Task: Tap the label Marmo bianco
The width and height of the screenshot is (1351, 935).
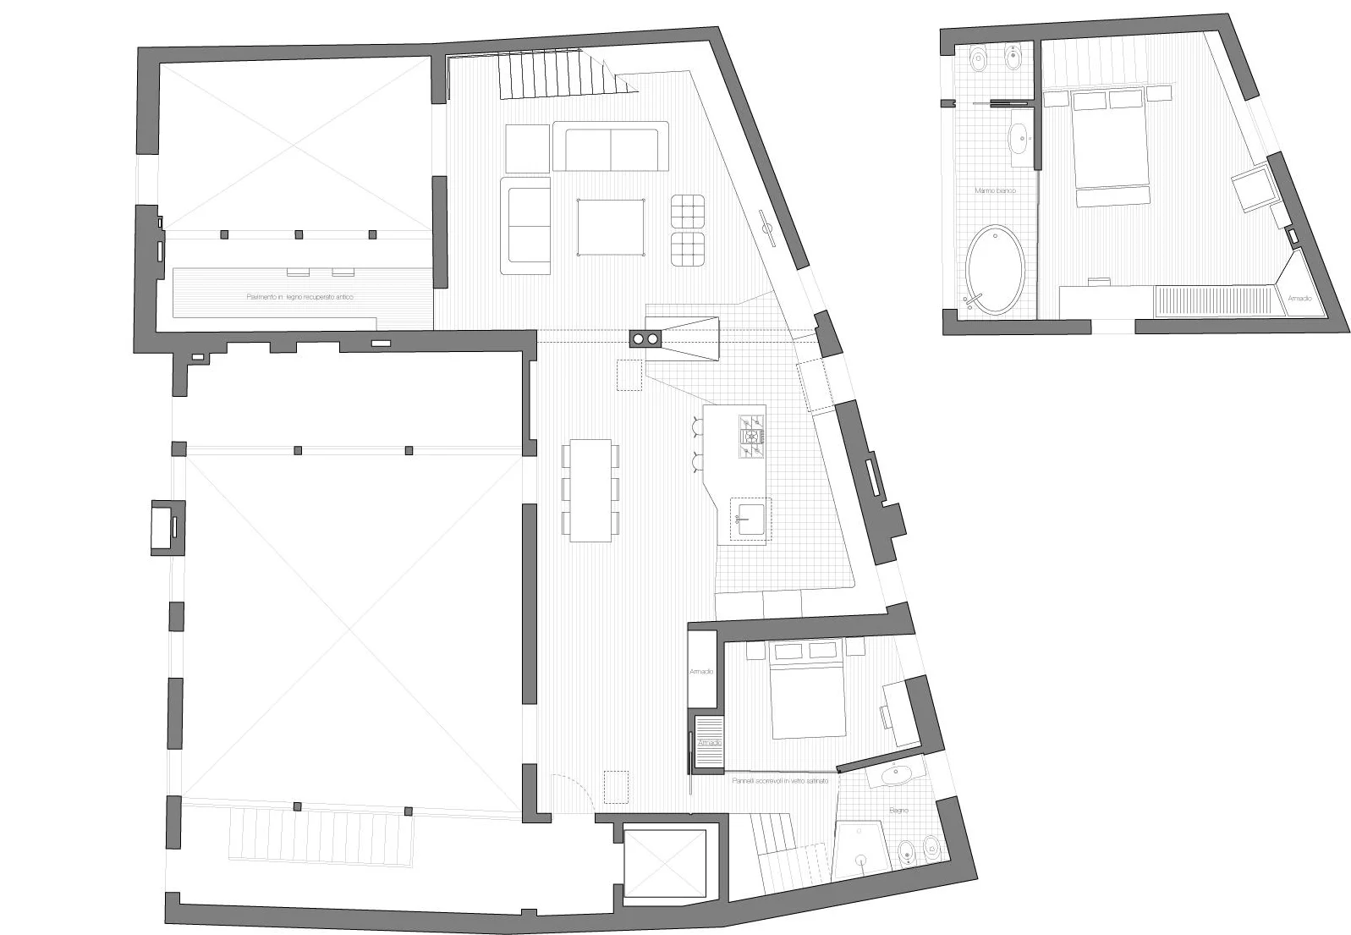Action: pyautogui.click(x=994, y=191)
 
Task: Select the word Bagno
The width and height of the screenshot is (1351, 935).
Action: pyautogui.click(x=898, y=811)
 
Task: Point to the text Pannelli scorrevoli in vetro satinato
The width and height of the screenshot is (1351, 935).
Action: pyautogui.click(x=780, y=782)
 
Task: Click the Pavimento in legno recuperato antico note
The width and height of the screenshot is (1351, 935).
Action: pyautogui.click(x=299, y=298)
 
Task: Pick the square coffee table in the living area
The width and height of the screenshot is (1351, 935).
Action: pyautogui.click(x=610, y=227)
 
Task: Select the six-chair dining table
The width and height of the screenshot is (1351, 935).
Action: pyautogui.click(x=590, y=490)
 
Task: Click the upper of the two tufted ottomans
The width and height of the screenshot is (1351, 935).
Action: pyautogui.click(x=688, y=211)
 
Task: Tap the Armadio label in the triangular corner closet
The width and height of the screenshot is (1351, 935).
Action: pyautogui.click(x=1299, y=299)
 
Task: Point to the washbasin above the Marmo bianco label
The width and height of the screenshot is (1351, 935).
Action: pyautogui.click(x=1019, y=137)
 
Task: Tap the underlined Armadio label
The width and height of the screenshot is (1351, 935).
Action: pyautogui.click(x=710, y=742)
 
